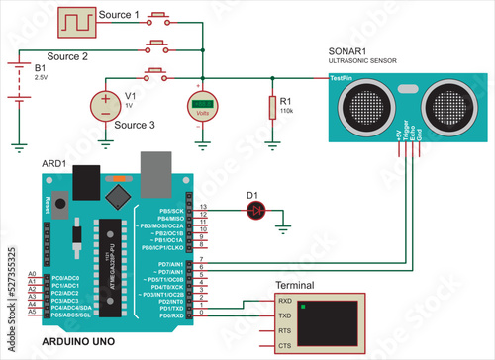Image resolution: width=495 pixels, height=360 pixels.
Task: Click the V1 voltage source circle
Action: pos(105,105)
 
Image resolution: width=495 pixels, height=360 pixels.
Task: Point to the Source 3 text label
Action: pos(136,126)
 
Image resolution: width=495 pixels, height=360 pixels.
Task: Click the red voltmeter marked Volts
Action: pos(203,106)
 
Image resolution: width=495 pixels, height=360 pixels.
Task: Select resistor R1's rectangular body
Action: pos(271,107)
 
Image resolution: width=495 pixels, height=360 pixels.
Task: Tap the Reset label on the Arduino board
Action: pos(49,203)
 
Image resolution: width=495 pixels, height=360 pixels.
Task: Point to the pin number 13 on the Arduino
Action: pos(203,210)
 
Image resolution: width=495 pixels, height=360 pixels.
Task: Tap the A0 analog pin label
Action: pos(32,274)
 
